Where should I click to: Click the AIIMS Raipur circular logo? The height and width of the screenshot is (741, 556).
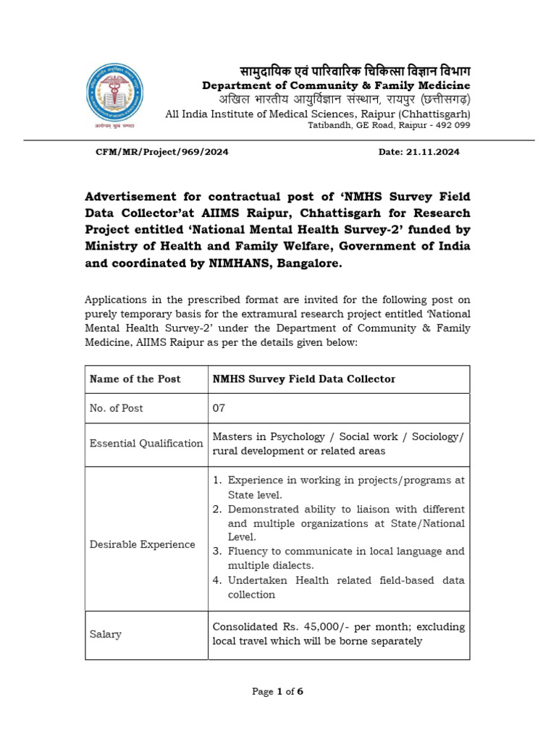[114, 95]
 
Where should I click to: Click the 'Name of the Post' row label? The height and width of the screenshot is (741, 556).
[135, 379]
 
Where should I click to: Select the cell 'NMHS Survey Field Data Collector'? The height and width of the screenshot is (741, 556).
[304, 379]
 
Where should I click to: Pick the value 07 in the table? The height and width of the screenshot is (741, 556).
[219, 408]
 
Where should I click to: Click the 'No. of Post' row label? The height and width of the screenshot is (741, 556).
[116, 408]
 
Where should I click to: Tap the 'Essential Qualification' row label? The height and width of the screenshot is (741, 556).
[146, 444]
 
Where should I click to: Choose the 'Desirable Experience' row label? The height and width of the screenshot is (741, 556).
[143, 544]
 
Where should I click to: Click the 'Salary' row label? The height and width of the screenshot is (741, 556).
[106, 634]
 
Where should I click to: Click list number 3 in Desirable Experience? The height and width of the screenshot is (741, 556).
[216, 551]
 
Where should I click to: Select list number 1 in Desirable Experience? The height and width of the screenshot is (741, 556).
[216, 480]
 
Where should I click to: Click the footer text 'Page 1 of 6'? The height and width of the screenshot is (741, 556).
[277, 692]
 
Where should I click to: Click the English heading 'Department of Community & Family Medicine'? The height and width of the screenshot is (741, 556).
[336, 86]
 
